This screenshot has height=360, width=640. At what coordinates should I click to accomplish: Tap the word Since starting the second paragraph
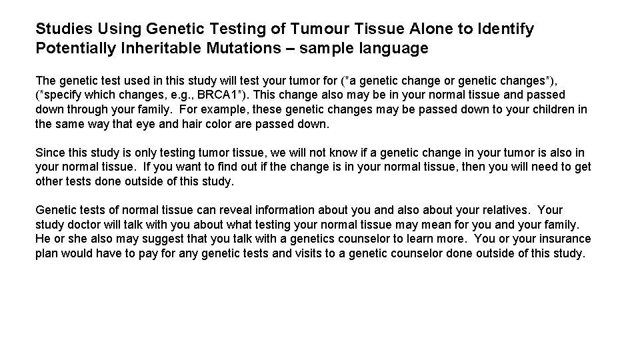tap(49, 153)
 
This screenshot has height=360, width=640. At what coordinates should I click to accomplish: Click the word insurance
tap(565, 239)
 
